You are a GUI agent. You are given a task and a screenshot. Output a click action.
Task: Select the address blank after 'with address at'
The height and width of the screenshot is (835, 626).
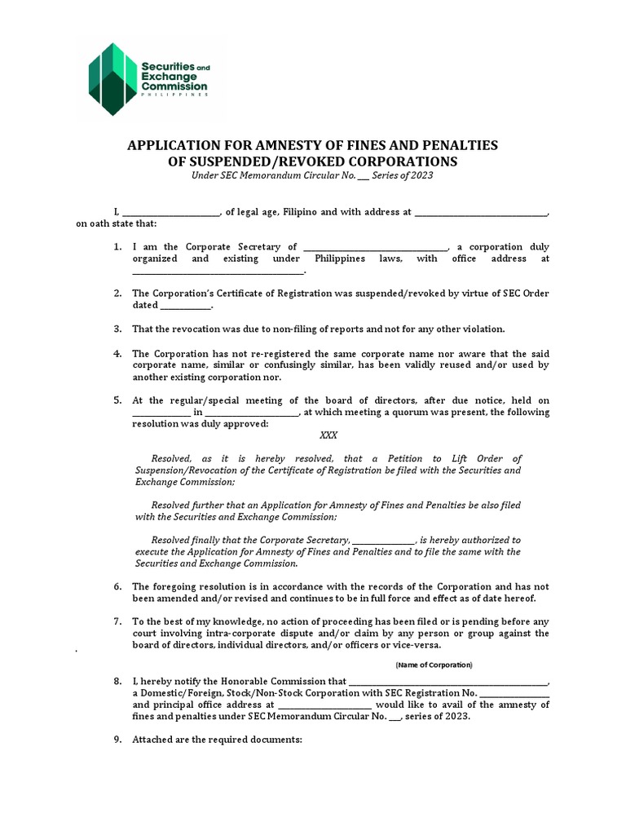480,212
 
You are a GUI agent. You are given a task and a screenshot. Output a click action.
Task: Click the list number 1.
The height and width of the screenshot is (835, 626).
117,247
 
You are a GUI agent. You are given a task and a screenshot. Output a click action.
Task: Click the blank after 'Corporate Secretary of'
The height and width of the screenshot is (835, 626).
375,247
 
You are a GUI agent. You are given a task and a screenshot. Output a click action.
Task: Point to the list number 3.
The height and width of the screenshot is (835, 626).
117,329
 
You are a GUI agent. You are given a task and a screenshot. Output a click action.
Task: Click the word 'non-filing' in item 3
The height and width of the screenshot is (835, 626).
297,329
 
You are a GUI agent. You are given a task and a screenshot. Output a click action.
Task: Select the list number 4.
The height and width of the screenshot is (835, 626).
117,354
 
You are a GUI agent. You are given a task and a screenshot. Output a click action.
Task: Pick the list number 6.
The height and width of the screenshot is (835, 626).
117,586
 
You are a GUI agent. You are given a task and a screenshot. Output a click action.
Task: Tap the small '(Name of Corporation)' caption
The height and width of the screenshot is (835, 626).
434,665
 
